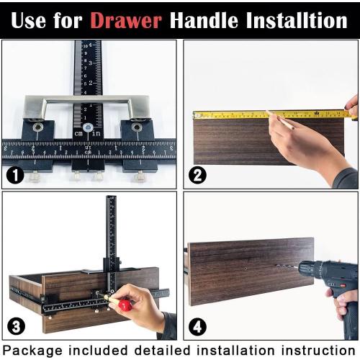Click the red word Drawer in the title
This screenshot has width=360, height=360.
coord(126,19)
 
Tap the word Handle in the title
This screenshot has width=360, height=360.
coord(204,19)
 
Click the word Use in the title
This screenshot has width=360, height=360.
coord(33,19)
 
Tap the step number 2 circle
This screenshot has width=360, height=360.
coord(197,174)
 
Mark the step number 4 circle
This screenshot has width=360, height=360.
coord(197,325)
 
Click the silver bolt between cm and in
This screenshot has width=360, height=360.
coord(87,128)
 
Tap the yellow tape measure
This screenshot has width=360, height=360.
coord(274,114)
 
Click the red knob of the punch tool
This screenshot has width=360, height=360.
coord(127,306)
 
